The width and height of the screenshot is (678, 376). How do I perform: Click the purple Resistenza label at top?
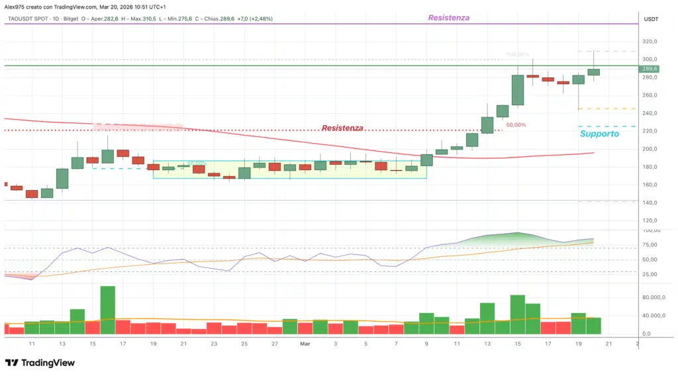click(x=448, y=18)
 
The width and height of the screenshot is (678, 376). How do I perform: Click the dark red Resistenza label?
click(x=342, y=128)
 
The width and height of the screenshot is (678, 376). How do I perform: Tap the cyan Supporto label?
click(x=599, y=134)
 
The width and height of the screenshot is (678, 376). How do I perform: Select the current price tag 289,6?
click(x=650, y=69)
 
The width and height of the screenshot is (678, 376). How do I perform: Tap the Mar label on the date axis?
click(x=305, y=344)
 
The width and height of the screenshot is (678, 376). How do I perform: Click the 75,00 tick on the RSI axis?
click(x=650, y=245)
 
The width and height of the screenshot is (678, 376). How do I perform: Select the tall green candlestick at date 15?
click(x=518, y=89)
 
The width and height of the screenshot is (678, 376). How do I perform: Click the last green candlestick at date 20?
click(x=594, y=71)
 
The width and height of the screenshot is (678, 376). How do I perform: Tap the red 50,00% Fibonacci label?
click(x=516, y=124)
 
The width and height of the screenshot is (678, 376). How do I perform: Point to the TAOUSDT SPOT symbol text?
click(x=26, y=19)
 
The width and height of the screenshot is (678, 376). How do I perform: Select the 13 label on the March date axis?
click(x=487, y=344)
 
